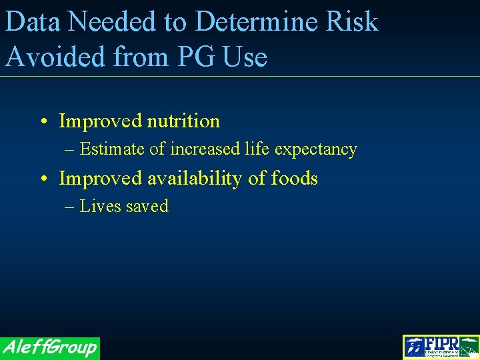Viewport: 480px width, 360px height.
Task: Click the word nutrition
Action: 183,121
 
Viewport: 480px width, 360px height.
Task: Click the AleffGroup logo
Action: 49,347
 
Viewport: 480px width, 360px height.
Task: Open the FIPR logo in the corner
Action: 441,347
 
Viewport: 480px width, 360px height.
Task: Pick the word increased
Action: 205,149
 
